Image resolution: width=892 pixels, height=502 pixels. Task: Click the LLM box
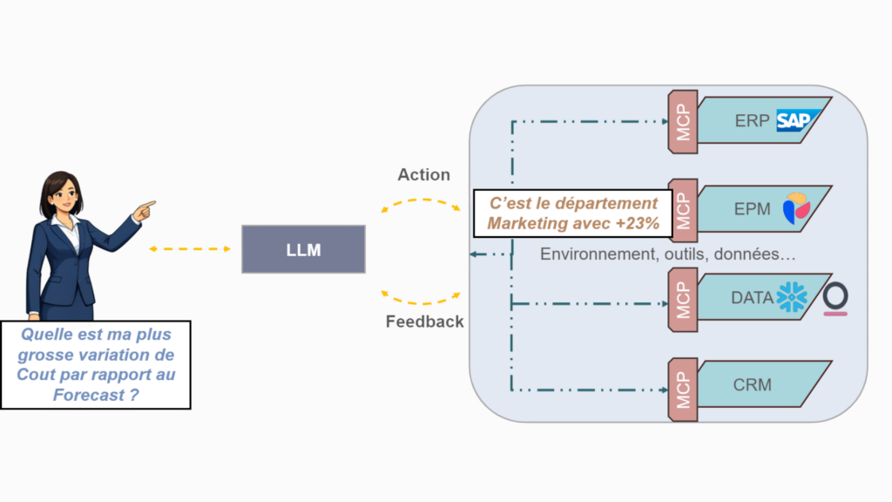pos(303,249)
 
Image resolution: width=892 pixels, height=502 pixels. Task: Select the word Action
pos(423,174)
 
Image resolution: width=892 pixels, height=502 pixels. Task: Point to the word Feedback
pos(424,322)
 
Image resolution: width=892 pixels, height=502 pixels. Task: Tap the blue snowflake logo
pos(792,297)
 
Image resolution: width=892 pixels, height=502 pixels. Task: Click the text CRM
pos(752,384)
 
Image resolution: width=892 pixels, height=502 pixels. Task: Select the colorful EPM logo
pos(795,209)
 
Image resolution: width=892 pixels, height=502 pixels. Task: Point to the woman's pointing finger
pos(149,206)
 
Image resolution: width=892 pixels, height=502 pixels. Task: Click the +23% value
pos(640,223)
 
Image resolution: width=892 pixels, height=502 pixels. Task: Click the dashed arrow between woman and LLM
pos(189,249)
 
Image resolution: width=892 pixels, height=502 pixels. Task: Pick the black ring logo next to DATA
pos(835,296)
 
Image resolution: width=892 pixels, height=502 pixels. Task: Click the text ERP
pos(752,120)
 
